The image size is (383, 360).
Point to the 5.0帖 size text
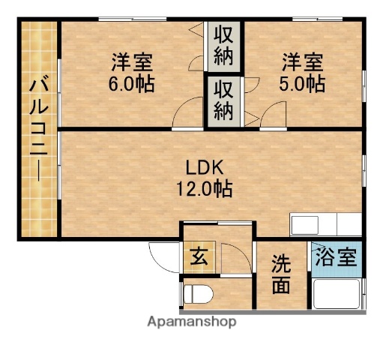(302, 84)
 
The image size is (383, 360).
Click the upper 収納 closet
(224, 46)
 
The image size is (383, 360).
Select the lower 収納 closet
(224, 100)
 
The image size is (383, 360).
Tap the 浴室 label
(334, 259)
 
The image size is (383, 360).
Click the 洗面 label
(281, 274)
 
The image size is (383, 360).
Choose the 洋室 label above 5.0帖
(302, 60)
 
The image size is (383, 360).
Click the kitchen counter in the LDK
(326, 224)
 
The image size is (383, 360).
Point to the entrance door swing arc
(162, 256)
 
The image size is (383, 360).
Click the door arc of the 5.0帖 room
(271, 116)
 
